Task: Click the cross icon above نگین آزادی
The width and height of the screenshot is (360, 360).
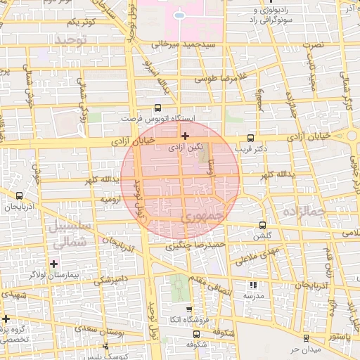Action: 185,136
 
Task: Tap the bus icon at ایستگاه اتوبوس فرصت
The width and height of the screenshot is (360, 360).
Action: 157,108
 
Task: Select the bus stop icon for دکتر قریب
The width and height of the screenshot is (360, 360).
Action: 252,138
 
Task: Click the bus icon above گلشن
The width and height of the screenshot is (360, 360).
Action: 262,226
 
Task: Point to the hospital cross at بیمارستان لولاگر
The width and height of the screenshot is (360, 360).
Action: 53,264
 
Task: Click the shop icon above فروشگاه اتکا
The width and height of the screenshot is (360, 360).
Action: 188,309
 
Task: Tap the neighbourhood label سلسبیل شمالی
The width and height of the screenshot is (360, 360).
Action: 68,235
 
